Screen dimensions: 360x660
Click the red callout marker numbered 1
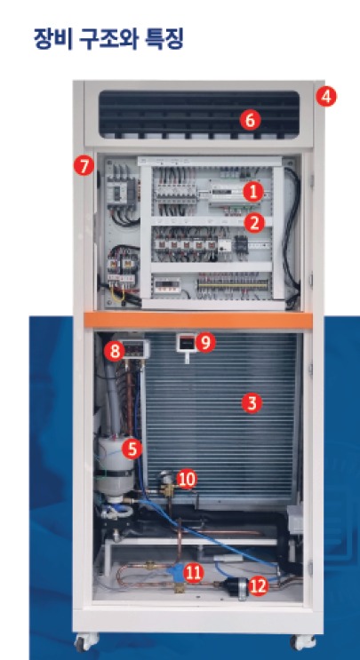253,193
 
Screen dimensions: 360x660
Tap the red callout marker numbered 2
254,223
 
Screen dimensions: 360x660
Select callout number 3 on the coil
252,403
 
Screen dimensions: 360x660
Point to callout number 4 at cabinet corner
326,97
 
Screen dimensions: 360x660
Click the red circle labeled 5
132,449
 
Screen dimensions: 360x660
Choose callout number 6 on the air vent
250,121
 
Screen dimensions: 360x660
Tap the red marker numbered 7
84,166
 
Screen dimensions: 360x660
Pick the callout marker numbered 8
115,351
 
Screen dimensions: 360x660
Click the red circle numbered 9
205,342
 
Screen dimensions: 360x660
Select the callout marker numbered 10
187,480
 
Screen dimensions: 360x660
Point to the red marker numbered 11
194,572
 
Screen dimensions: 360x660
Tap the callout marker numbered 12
258,585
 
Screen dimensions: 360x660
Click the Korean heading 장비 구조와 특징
108,38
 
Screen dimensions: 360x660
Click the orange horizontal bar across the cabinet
198,320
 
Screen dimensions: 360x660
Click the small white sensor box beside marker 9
186,344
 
